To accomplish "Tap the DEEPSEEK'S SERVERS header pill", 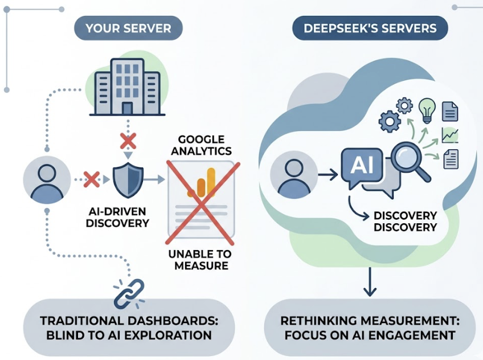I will point(370,27).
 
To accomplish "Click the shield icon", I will point(128,180).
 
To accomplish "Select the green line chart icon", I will point(449,136).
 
